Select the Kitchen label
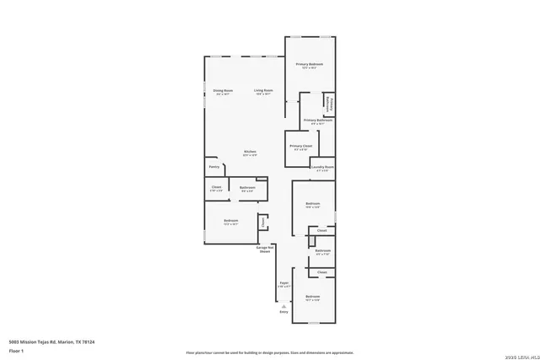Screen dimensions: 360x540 pos(250,152)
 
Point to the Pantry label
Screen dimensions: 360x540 pos(214,167)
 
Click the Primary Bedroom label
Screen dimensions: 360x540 pos(310,65)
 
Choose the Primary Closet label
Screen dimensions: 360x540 pos(301,146)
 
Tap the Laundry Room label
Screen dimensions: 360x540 pos(321,167)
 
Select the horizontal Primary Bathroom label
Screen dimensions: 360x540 pos(318,121)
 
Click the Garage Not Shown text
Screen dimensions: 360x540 pos(265,249)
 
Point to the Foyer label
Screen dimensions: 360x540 pos(284,283)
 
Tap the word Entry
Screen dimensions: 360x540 pos(283,312)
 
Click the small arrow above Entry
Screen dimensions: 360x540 pos(283,305)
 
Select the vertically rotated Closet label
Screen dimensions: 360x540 pos(262,223)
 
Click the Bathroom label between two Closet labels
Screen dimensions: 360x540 pos(322,250)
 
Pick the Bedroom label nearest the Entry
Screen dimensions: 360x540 pos(313,296)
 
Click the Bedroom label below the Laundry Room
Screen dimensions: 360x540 pos(313,203)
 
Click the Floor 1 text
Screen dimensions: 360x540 pos(15,349)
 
